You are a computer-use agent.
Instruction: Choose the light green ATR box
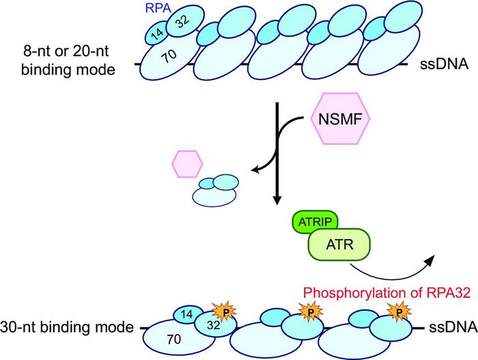(x=339, y=244)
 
